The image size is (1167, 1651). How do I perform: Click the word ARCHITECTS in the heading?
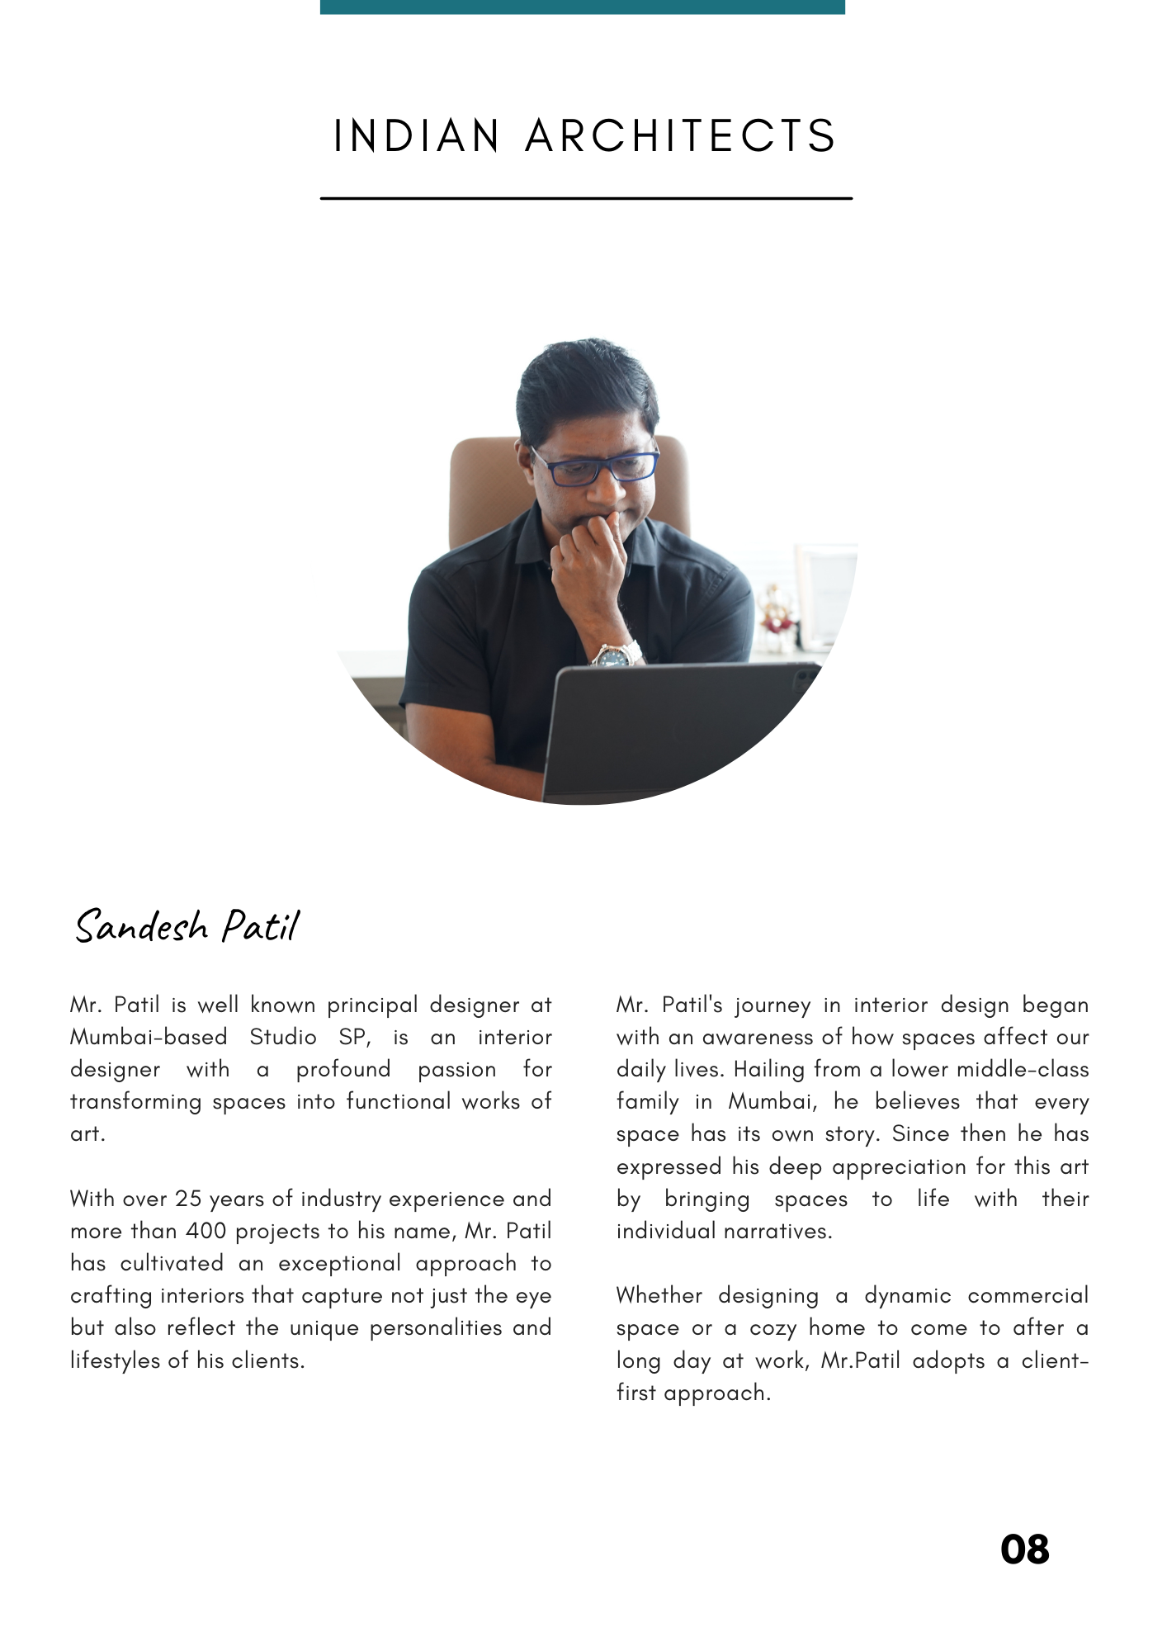coord(681,136)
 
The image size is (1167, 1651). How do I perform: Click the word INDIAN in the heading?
coord(417,136)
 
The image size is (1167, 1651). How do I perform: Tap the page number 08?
coord(1024,1549)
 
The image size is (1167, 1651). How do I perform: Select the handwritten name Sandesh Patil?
coord(187,926)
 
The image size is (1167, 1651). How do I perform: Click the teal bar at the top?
coord(582,7)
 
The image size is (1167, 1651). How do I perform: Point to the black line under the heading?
coord(585,198)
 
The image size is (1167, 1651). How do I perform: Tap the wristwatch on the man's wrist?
coord(615,656)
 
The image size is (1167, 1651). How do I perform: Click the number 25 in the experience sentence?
coord(188,1199)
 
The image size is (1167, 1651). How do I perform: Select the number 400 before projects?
coord(206,1231)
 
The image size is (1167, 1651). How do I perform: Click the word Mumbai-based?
coord(149,1037)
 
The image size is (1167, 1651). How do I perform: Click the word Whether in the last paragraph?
coord(659,1296)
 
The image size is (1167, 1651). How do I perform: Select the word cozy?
coord(772,1328)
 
